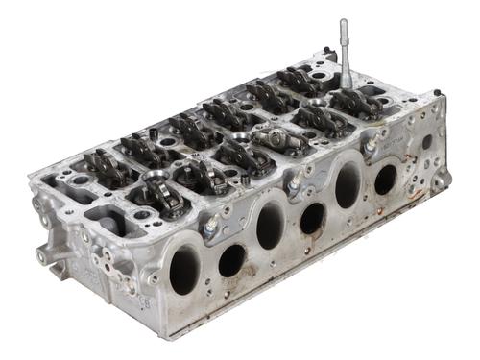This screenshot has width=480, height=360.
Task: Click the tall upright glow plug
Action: coord(343,58)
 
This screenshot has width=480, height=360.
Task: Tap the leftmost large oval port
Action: coord(184,269)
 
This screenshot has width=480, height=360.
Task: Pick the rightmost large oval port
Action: coord(347,184)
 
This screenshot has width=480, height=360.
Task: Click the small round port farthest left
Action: coord(232,259)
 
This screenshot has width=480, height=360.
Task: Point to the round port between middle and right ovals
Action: coord(312,219)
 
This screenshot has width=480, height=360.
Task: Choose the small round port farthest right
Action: coord(385,179)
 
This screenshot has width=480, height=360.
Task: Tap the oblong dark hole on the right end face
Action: coord(426,142)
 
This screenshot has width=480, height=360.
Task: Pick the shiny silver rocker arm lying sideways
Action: coord(280,138)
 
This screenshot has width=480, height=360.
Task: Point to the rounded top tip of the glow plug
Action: coord(343,22)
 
